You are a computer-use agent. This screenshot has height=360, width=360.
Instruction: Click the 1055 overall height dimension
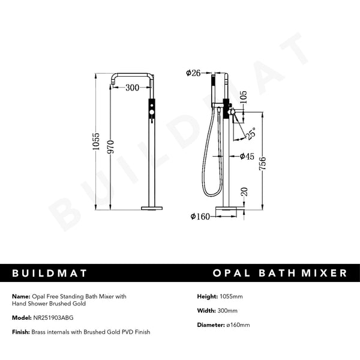click(x=97, y=143)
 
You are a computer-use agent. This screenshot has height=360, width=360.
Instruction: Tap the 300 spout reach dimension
click(x=133, y=87)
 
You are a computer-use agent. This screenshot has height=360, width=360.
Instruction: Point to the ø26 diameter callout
click(x=193, y=73)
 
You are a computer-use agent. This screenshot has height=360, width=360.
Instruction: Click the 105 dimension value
click(x=242, y=97)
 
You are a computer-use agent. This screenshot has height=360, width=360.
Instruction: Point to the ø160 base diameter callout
click(x=200, y=216)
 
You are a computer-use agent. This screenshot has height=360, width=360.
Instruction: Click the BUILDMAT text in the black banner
click(x=50, y=273)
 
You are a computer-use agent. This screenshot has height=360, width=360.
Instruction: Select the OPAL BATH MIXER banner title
click(x=280, y=273)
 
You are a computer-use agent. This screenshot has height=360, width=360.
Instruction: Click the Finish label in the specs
click(x=20, y=332)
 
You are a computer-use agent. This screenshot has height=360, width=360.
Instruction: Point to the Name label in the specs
click(x=20, y=296)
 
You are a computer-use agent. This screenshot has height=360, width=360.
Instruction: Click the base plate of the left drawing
click(x=152, y=209)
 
